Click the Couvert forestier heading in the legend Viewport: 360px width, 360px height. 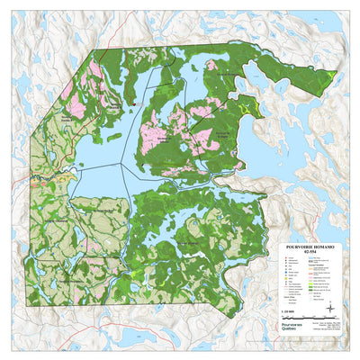[x=319, y=265]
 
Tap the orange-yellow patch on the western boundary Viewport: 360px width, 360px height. [x=35, y=177]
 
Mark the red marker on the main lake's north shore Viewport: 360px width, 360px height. [x=132, y=107]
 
